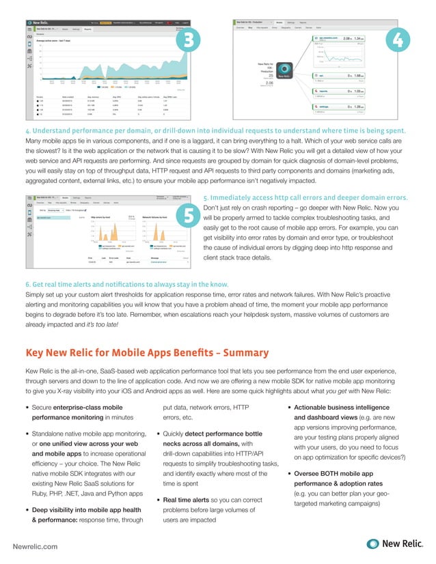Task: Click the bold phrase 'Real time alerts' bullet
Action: pos(191,500)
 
